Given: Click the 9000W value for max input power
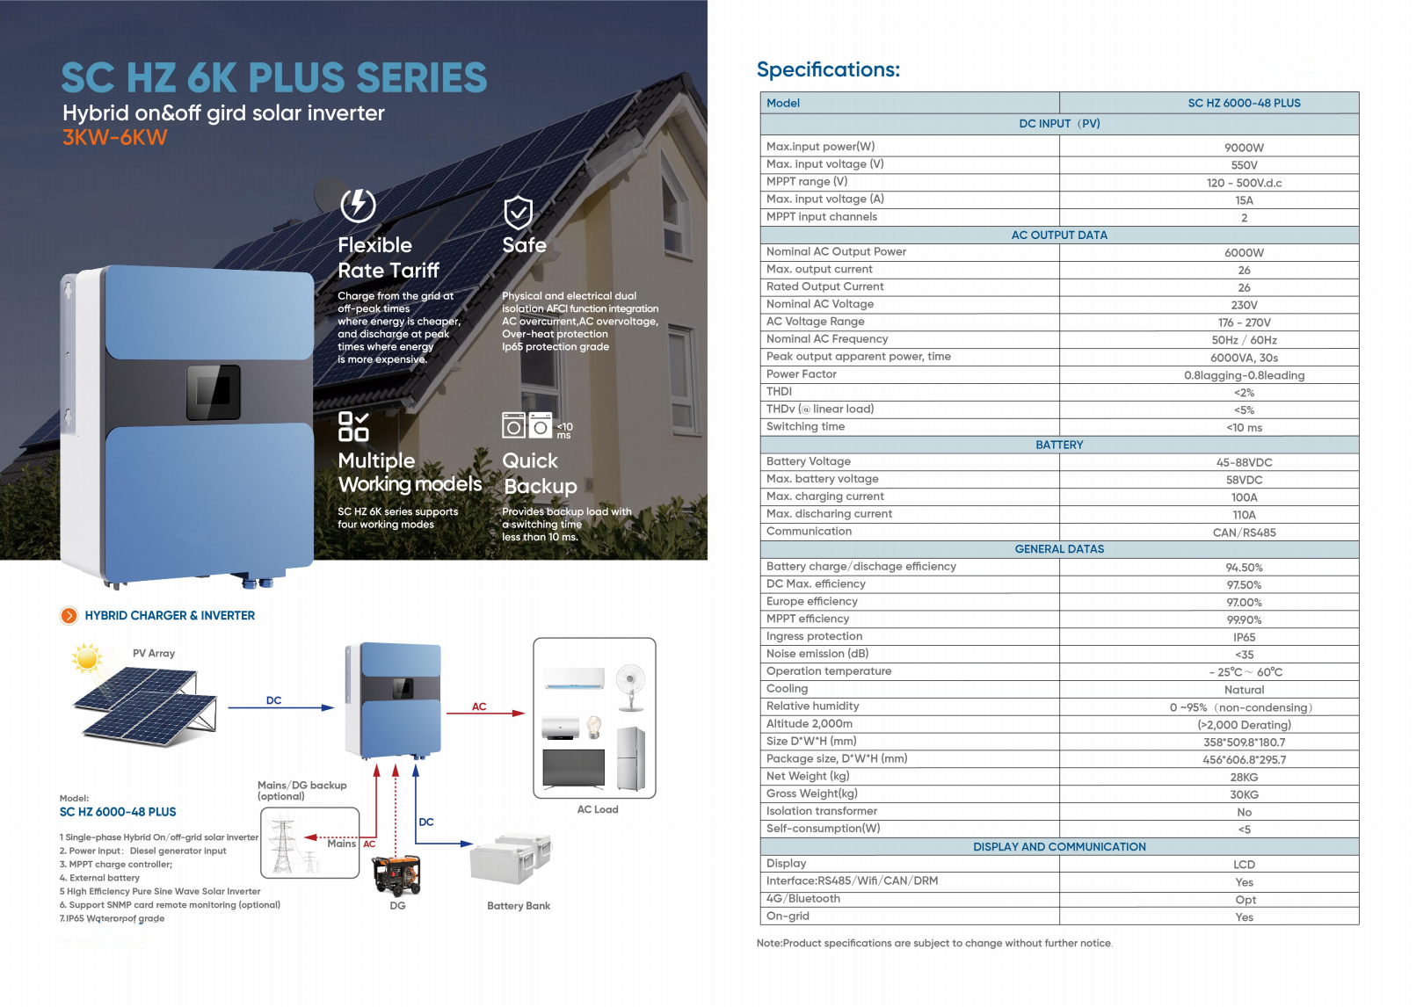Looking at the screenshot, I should click(x=1244, y=148).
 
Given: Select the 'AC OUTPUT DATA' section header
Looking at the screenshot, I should click(x=1059, y=235).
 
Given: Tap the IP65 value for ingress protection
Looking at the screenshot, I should click(x=1244, y=637).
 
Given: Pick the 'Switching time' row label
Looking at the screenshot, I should click(x=805, y=427).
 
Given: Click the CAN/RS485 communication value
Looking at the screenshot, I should click(x=1244, y=532).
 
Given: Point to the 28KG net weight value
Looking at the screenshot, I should click(x=1244, y=778).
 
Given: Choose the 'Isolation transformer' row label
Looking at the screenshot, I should click(x=822, y=811).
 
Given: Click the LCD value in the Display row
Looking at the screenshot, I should click(x=1244, y=865).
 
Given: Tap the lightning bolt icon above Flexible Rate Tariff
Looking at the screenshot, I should click(x=358, y=206).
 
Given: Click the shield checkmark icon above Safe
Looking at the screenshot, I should click(x=518, y=212).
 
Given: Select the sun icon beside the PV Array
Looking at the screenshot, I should click(x=87, y=657).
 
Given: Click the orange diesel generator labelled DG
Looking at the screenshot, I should click(x=396, y=873).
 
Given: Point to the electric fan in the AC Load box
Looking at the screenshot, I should click(x=630, y=685).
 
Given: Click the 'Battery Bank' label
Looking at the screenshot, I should click(x=519, y=906).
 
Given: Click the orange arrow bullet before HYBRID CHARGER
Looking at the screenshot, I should click(x=69, y=616).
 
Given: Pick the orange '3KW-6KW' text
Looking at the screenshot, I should click(x=114, y=137).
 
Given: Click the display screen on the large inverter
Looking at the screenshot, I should click(x=214, y=392).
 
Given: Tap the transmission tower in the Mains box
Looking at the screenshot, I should click(x=283, y=845).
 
